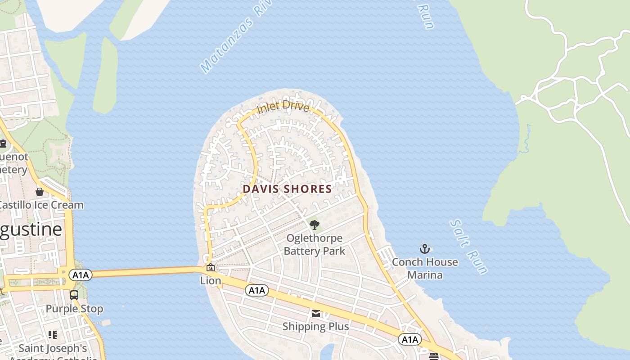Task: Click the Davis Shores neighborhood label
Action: [x=288, y=189]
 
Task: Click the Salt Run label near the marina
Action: [x=468, y=247]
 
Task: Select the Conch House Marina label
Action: [x=425, y=268]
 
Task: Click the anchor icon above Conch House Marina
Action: [x=425, y=249]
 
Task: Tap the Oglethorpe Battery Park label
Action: [x=315, y=244]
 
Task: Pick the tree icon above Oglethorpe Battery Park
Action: [x=315, y=225]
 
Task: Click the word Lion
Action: [x=211, y=281]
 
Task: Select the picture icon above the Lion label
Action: [x=210, y=268]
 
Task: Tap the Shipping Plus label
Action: [x=315, y=326]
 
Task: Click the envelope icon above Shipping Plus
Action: [x=316, y=314]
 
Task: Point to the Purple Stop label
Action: [x=74, y=309]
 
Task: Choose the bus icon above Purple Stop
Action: [x=74, y=296]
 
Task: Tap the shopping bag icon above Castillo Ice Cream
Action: [x=40, y=192]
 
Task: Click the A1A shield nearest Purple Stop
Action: [x=81, y=274]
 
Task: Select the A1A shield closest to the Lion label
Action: [x=257, y=290]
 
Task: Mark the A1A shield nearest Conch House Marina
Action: [x=409, y=339]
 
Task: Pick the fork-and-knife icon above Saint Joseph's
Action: [x=53, y=335]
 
